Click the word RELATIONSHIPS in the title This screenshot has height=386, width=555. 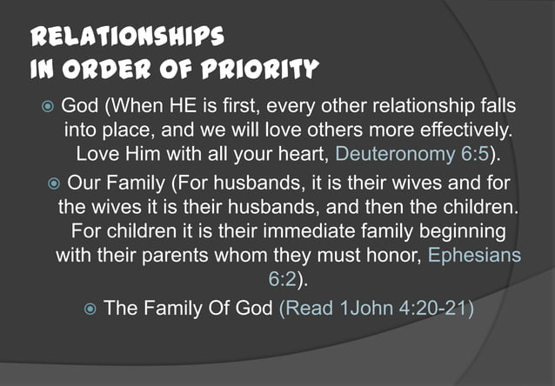(128, 36)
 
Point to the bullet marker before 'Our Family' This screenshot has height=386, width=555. (54, 184)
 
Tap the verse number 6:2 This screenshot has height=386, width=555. (283, 280)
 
